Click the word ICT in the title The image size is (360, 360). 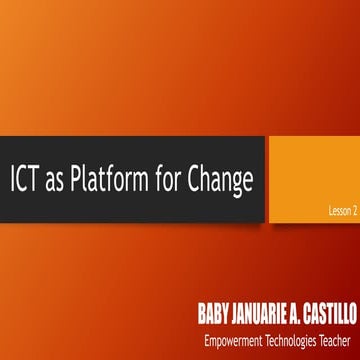(x=28, y=181)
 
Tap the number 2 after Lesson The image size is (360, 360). (x=353, y=211)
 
